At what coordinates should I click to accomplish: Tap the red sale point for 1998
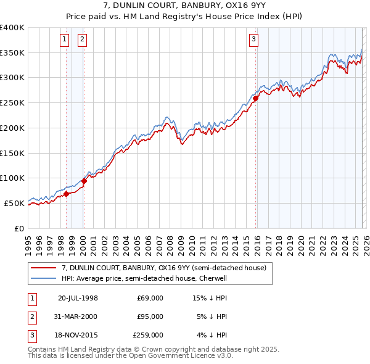click(x=66, y=194)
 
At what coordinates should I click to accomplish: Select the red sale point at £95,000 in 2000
click(x=84, y=181)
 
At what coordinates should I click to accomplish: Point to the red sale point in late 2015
click(x=255, y=98)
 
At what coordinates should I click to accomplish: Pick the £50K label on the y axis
click(x=14, y=203)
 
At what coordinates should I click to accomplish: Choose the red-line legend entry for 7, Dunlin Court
click(x=163, y=268)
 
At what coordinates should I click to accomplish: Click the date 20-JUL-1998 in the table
click(x=78, y=298)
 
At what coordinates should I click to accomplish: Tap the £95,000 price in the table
click(x=150, y=316)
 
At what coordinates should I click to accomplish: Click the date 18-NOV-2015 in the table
click(x=78, y=335)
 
